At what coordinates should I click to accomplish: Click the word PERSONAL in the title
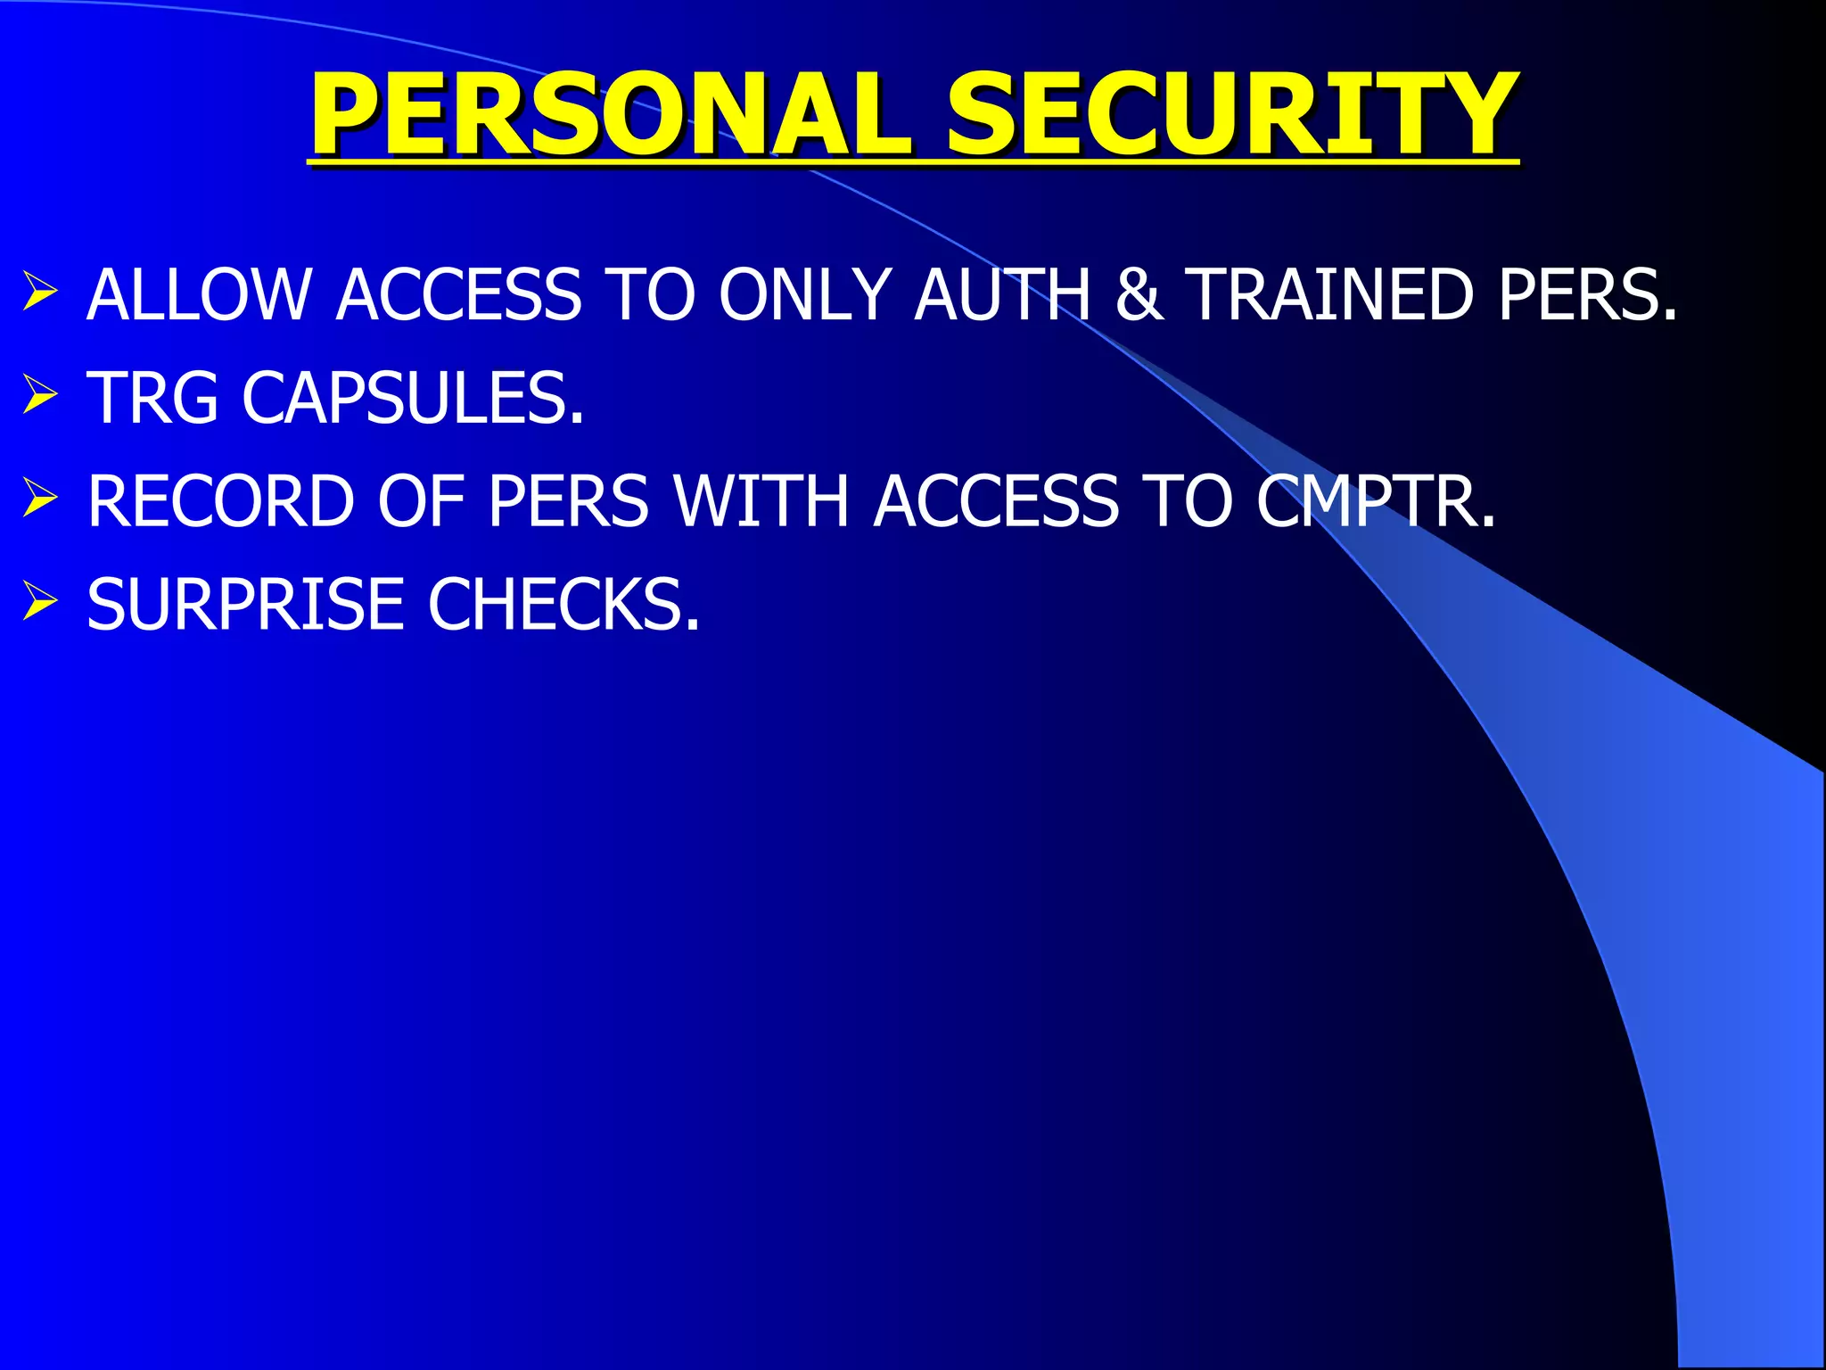click(x=611, y=116)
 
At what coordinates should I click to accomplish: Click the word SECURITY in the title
click(x=1231, y=116)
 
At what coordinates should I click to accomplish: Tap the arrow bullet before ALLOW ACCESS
click(x=40, y=293)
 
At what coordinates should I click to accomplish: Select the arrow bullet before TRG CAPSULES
click(x=40, y=395)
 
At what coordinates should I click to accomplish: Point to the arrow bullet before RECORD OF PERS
click(x=40, y=498)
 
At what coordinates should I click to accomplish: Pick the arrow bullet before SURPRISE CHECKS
click(x=40, y=600)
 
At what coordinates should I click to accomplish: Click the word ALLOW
click(x=199, y=295)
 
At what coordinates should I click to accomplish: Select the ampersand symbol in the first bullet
click(x=1139, y=295)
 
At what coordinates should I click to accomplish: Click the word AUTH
click(x=1002, y=295)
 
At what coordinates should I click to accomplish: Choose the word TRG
click(x=152, y=398)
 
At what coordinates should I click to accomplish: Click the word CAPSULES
click(x=413, y=398)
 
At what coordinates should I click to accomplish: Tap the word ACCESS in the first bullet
click(x=460, y=295)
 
